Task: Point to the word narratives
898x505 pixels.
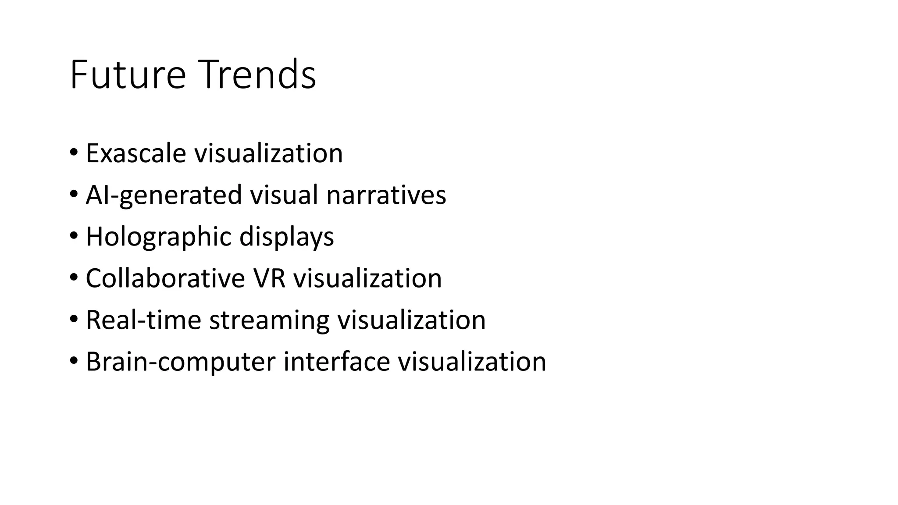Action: pyautogui.click(x=386, y=195)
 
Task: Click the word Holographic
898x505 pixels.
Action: pyautogui.click(x=158, y=237)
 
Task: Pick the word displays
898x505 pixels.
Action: pyautogui.click(x=286, y=237)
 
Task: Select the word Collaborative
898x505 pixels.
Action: pyautogui.click(x=165, y=278)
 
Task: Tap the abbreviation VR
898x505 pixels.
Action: pyautogui.click(x=269, y=278)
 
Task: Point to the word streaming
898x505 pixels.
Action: pyautogui.click(x=269, y=320)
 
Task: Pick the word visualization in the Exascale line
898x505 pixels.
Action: pyautogui.click(x=268, y=153)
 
